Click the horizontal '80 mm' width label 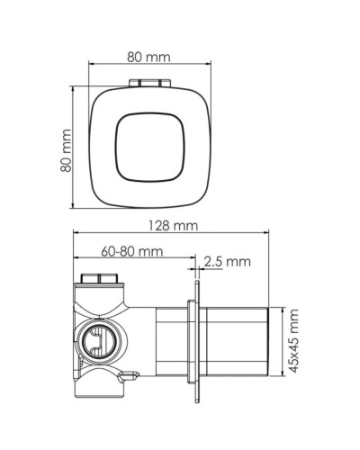coord(148,58)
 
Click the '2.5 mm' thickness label coord(226,262)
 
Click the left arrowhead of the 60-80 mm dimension coord(76,266)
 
